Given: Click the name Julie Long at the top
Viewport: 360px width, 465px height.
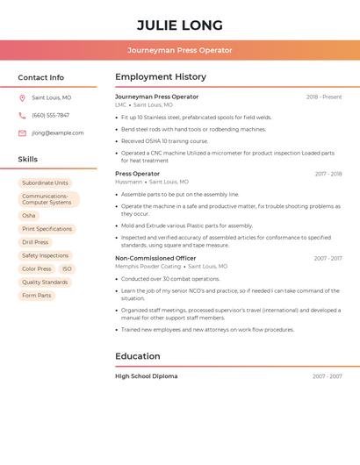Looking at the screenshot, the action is point(180,25).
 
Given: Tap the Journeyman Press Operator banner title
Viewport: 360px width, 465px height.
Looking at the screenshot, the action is point(180,50).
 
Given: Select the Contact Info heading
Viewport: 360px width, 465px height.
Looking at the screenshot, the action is point(41,77).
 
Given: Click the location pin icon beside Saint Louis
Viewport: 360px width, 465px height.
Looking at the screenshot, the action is point(22,98).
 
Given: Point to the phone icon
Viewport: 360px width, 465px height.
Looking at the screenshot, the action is point(22,116).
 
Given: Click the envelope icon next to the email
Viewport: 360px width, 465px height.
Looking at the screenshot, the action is point(22,133).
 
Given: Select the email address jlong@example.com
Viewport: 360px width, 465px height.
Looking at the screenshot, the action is point(58,133).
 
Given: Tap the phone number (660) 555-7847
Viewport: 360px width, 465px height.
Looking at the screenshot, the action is point(50,116).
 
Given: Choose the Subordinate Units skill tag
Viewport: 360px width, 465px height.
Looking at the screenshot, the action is point(45,183).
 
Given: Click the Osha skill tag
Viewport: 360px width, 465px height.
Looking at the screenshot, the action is point(29,215).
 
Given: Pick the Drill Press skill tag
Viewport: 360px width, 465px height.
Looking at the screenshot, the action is point(35,242).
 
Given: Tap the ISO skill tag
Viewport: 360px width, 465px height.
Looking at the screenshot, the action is point(67,268).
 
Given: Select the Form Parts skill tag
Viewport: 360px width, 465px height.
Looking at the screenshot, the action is point(37,296).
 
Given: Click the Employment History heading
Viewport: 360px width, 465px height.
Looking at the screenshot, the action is point(161,77).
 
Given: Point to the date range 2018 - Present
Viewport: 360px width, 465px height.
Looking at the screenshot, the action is point(324,97).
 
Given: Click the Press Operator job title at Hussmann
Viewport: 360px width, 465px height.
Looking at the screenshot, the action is point(138,174).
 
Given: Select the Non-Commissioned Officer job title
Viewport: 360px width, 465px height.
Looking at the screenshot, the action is point(155,259).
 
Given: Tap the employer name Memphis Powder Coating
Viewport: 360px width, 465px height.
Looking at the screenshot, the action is point(148,267).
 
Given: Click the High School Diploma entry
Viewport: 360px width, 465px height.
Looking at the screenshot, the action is point(146,376).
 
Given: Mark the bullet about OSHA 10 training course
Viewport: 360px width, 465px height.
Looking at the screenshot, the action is point(164,141).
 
